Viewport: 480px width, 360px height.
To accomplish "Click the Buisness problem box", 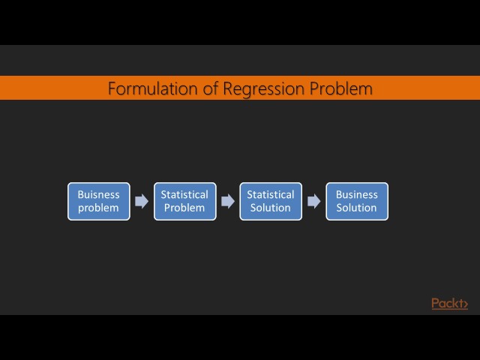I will click(x=98, y=201).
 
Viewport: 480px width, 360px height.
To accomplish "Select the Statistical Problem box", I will click(x=184, y=201).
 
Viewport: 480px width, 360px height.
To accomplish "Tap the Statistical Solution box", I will click(x=271, y=201).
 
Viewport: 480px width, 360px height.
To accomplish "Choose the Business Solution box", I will click(x=357, y=201).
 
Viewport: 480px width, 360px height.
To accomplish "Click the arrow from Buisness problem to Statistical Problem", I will click(x=142, y=201).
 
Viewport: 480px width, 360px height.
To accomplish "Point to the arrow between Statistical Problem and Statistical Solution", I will click(x=228, y=201).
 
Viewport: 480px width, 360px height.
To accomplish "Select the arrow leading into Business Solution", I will click(x=314, y=201).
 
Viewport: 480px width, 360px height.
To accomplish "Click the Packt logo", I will click(x=449, y=303).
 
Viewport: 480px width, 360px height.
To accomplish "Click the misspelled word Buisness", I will click(x=98, y=194).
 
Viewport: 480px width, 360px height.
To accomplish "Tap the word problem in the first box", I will click(x=98, y=208).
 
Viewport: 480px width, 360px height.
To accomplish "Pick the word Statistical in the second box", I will click(x=184, y=194).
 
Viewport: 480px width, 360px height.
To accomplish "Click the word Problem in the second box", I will click(x=184, y=208).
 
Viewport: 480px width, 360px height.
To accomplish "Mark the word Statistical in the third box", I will click(x=271, y=194).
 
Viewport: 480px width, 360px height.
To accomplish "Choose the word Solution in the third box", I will click(x=271, y=208).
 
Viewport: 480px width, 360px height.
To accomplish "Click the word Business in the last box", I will click(x=357, y=194).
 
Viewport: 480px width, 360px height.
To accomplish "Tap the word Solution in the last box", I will click(x=357, y=208).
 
